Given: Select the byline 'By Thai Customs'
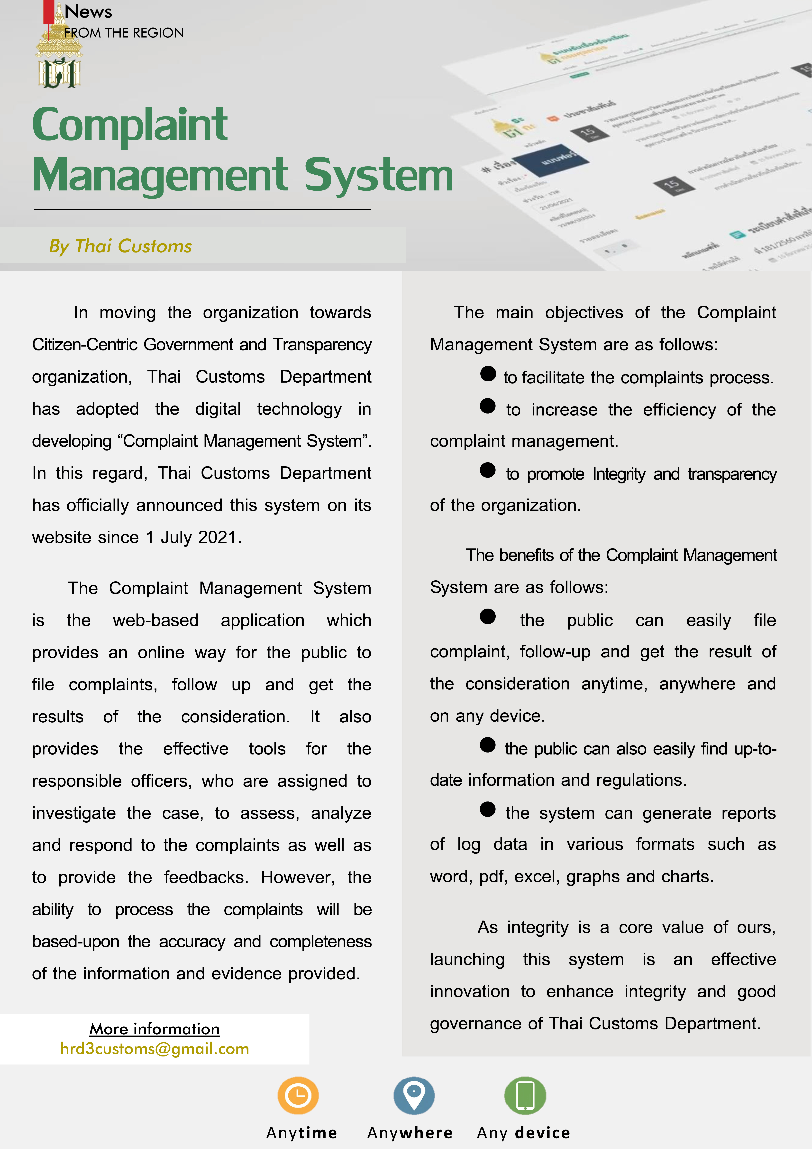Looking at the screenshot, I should [121, 246].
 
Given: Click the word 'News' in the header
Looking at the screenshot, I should [88, 11].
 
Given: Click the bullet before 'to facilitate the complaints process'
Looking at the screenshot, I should [488, 374].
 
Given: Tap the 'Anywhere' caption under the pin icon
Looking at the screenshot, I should [410, 1132].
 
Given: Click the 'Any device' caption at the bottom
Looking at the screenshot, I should [523, 1132].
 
